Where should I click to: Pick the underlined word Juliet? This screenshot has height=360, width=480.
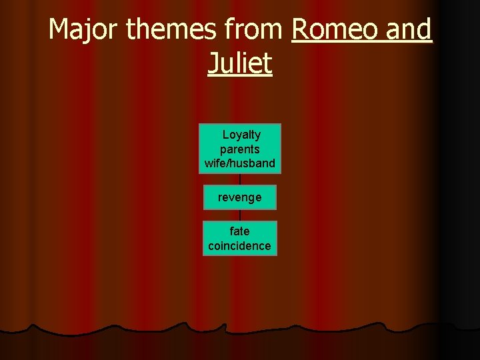[x=240, y=64]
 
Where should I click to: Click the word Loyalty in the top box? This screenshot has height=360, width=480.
[x=241, y=135]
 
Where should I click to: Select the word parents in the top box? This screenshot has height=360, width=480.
[x=240, y=149]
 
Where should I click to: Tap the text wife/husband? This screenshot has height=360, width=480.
[x=240, y=163]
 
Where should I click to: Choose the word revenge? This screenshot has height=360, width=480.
[x=240, y=197]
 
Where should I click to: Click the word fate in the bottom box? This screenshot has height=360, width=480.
[x=240, y=231]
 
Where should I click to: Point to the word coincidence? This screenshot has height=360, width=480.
[x=240, y=245]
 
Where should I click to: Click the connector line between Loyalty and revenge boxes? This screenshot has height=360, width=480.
[x=240, y=179]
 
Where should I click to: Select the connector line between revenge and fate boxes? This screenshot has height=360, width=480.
[x=240, y=215]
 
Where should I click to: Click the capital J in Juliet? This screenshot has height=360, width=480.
[x=213, y=64]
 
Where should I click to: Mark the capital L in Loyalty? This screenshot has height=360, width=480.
[x=226, y=135]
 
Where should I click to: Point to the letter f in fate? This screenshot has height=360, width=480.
[x=232, y=231]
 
